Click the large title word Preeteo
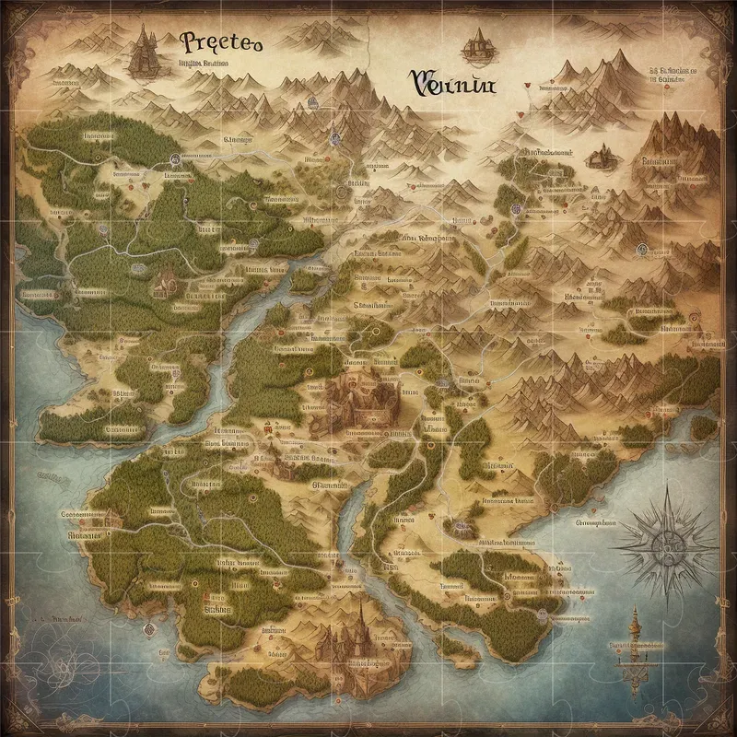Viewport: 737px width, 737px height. [221, 42]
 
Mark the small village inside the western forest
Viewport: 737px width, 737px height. [166, 281]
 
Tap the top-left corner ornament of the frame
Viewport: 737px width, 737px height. [17, 17]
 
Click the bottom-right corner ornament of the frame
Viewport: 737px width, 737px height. [720, 720]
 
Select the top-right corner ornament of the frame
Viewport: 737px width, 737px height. [720, 17]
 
